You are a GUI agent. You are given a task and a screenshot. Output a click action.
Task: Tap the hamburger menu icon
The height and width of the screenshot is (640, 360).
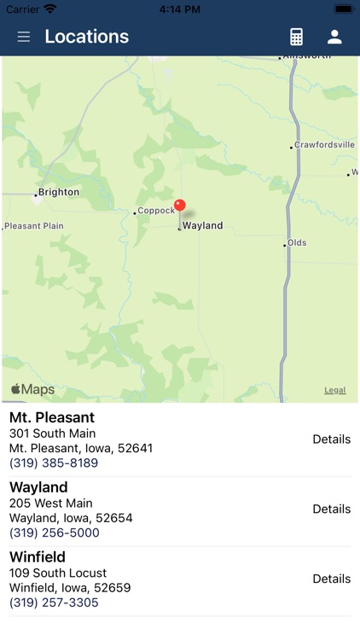(24, 37)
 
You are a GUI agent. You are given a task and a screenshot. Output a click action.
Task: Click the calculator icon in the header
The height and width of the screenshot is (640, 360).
(296, 37)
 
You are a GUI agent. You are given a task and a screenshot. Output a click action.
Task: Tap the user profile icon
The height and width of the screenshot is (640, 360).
(334, 37)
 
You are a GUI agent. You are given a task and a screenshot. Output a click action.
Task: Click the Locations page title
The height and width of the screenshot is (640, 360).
(87, 37)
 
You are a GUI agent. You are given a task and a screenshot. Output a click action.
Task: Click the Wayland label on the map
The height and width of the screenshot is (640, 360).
(202, 226)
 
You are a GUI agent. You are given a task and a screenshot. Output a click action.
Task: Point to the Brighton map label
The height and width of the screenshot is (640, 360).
(58, 193)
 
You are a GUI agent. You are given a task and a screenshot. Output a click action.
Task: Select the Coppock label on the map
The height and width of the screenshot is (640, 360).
(156, 211)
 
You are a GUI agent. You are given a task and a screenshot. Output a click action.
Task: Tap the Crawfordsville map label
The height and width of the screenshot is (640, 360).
(324, 145)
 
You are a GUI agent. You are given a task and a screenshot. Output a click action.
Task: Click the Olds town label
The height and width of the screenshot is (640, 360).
(297, 243)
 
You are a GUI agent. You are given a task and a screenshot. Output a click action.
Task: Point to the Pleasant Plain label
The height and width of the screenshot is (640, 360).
(34, 226)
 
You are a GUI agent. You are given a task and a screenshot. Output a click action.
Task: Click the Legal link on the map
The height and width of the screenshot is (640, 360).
(335, 390)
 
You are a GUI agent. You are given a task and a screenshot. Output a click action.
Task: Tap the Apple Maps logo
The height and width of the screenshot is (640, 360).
(32, 390)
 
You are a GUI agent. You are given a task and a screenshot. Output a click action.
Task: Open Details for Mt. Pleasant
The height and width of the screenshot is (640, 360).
(331, 439)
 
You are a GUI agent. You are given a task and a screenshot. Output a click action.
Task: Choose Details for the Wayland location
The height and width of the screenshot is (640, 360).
(331, 509)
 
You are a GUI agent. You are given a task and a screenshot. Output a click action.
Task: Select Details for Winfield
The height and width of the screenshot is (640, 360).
(331, 579)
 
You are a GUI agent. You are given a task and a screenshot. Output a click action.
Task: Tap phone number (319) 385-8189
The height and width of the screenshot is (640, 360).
(54, 463)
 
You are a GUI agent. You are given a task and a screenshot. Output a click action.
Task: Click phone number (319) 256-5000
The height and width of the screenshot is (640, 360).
(55, 533)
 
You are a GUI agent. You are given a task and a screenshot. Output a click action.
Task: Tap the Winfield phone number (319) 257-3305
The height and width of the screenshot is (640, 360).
(54, 602)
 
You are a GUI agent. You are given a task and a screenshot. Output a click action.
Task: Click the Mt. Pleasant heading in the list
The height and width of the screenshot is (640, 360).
(52, 418)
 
